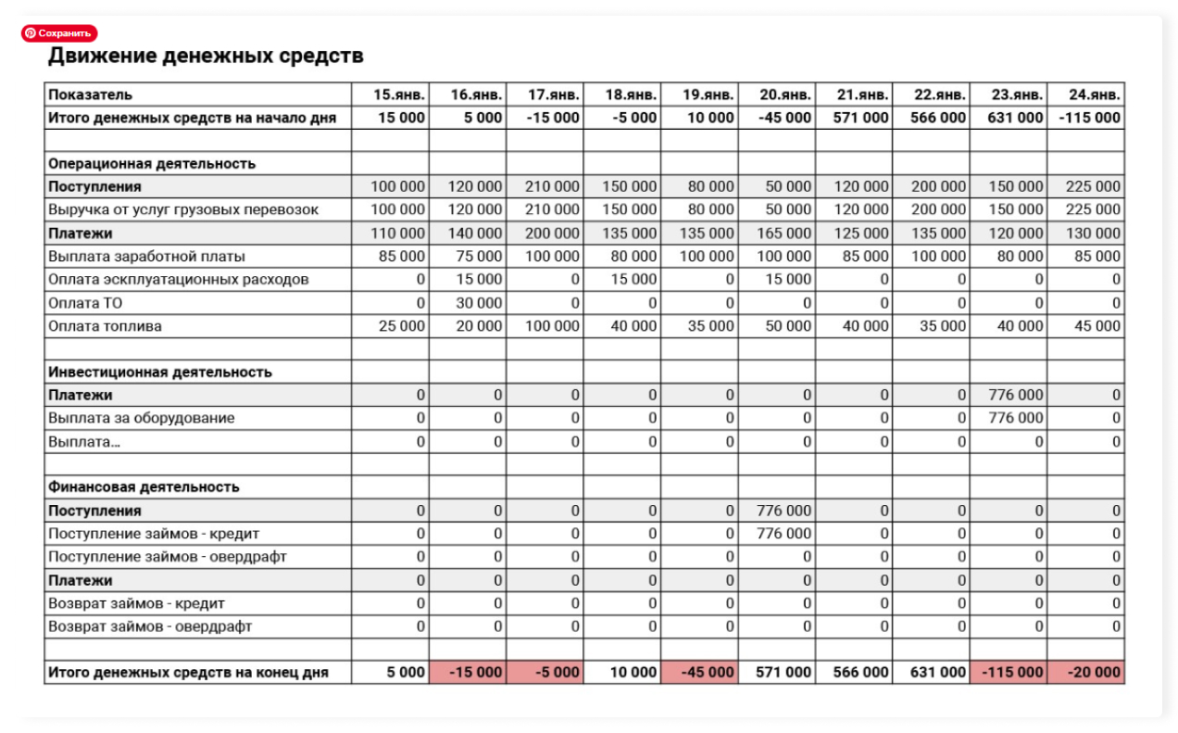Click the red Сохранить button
tap(59, 33)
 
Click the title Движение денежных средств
tap(206, 57)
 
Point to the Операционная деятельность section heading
tap(152, 164)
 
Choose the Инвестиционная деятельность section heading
tap(160, 373)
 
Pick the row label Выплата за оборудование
tap(141, 419)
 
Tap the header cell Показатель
tap(91, 95)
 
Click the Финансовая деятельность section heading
tap(144, 487)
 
